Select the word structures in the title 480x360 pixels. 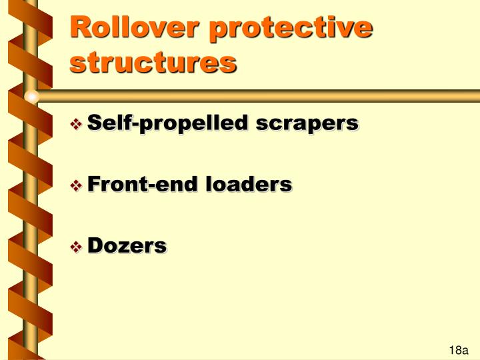tap(153, 63)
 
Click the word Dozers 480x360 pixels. tap(127, 245)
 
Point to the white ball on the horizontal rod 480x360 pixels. tap(31, 97)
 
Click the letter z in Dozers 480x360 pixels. tap(125, 247)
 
